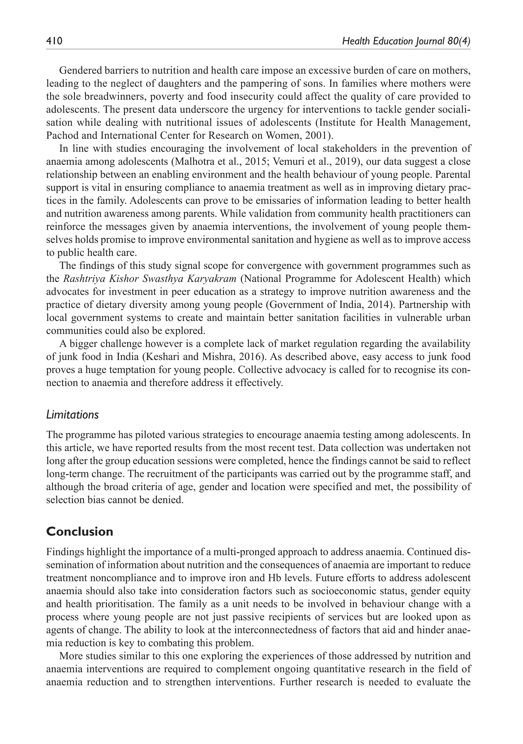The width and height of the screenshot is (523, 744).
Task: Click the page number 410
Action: pyautogui.click(x=54, y=41)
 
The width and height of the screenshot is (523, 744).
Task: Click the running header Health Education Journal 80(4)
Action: pyautogui.click(x=406, y=41)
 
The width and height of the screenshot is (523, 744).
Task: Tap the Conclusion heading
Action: pyautogui.click(x=80, y=532)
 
